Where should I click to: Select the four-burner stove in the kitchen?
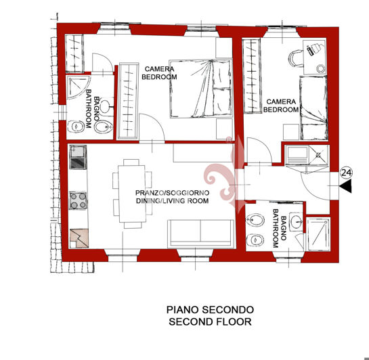79,200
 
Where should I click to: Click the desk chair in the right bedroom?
295,60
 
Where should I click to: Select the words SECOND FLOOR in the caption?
210,321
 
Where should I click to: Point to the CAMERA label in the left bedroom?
159,68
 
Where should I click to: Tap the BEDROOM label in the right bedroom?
280,109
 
